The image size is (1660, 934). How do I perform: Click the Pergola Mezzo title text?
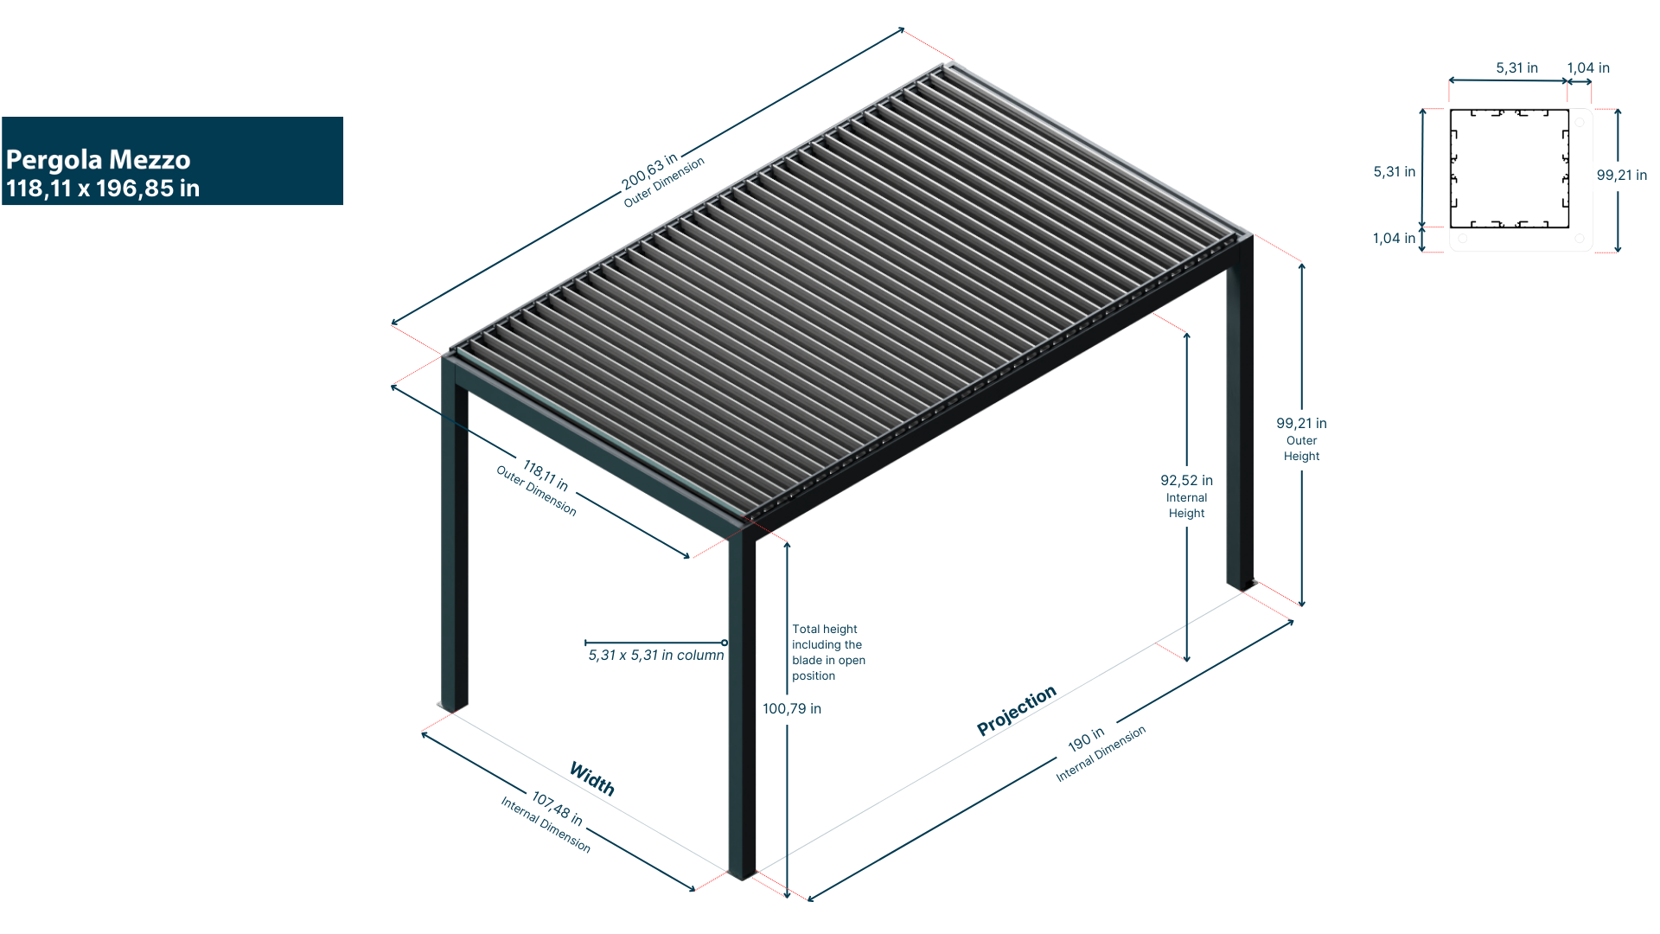[98, 160]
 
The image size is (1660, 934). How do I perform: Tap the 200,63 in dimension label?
[649, 167]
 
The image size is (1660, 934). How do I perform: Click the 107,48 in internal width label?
[557, 809]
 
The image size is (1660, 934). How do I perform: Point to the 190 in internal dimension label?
[1086, 739]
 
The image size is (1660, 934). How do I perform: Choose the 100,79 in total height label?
[792, 709]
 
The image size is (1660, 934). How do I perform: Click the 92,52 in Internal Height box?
[1186, 496]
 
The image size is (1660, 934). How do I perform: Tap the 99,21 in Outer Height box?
[1301, 439]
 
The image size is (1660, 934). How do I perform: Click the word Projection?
[1016, 710]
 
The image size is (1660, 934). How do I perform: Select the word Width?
[592, 778]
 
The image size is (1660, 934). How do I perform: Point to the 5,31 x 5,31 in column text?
[656, 656]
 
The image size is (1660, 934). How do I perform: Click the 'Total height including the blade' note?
[827, 652]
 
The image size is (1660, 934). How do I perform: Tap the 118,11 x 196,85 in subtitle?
[103, 189]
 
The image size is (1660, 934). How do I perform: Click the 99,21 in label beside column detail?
[1621, 175]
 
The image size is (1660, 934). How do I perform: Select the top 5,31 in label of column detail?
[1516, 67]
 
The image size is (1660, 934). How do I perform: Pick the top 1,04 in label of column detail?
[1587, 67]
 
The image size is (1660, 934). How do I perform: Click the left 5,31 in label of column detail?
[1394, 171]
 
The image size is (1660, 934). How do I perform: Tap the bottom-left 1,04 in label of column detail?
[1394, 238]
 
